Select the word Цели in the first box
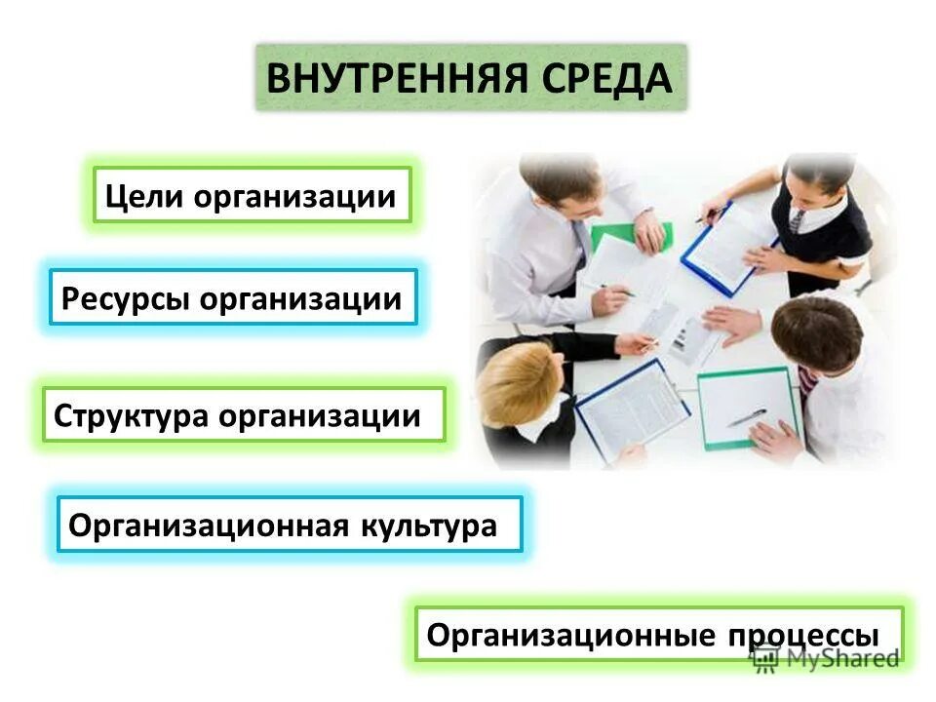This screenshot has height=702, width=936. tap(144, 198)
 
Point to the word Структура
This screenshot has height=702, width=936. tap(131, 416)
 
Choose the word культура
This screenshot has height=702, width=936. tap(429, 526)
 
